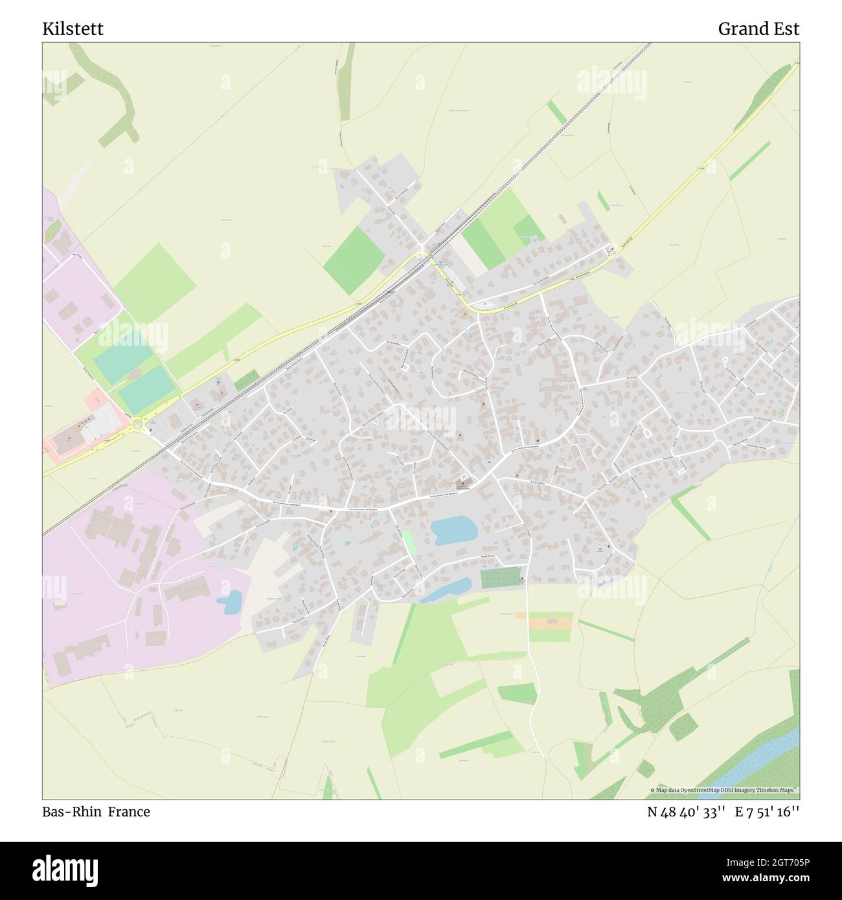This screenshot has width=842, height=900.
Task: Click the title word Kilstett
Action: tap(73, 29)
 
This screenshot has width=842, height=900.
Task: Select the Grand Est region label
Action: tap(758, 29)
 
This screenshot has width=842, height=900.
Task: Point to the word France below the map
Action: tap(129, 811)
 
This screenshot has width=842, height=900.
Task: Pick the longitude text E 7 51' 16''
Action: tap(768, 812)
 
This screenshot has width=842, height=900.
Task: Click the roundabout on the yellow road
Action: tap(137, 425)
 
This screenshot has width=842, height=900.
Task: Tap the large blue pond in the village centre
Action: tap(454, 529)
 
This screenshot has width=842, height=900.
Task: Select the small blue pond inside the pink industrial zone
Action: tap(229, 602)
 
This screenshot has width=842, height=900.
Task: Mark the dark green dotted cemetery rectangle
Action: tap(501, 577)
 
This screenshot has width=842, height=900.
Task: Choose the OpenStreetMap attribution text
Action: tap(724, 790)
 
